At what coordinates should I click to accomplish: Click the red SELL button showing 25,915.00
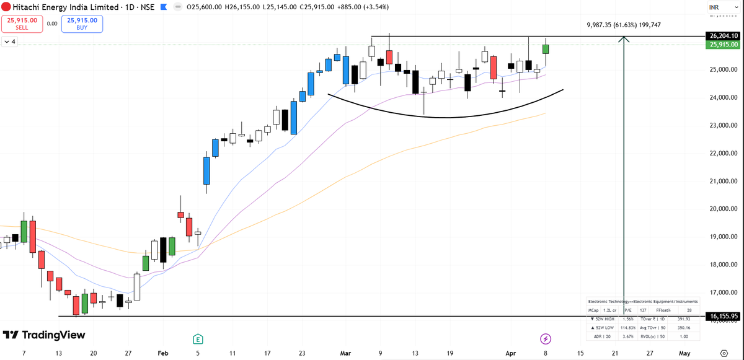tap(20, 24)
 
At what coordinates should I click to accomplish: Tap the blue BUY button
tap(82, 24)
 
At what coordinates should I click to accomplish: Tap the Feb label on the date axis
tap(163, 353)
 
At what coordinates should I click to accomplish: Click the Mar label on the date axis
tap(345, 353)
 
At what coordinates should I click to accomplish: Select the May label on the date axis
tap(684, 353)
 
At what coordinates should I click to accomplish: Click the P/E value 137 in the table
tap(643, 309)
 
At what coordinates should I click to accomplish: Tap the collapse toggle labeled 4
tap(11, 42)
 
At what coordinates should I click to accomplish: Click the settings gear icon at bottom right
tap(724, 353)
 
